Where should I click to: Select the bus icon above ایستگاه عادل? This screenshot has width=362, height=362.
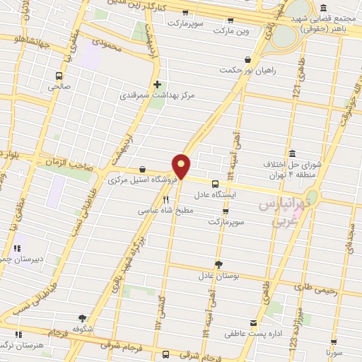[x=215, y=182]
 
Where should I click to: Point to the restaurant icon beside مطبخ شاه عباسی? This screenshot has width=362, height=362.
[x=166, y=200]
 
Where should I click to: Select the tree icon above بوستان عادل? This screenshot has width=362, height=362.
[x=218, y=264]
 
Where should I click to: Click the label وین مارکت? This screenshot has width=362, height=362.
[x=233, y=31]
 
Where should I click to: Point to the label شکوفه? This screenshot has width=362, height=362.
[x=83, y=328]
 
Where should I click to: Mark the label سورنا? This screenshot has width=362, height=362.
[x=334, y=351]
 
